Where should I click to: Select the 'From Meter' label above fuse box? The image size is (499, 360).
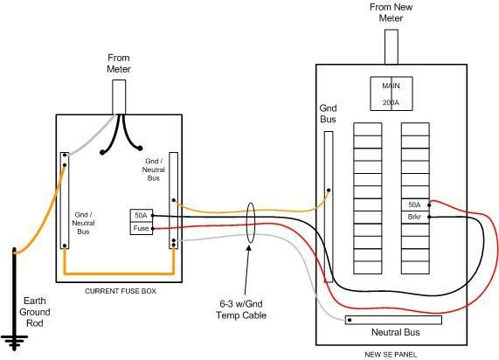pyautogui.click(x=119, y=63)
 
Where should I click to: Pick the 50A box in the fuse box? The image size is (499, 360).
pyautogui.click(x=141, y=215)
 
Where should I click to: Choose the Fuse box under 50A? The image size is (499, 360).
pyautogui.click(x=141, y=228)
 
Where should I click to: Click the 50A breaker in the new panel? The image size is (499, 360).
pyautogui.click(x=413, y=204)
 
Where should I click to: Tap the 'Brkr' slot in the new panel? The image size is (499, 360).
pyautogui.click(x=413, y=216)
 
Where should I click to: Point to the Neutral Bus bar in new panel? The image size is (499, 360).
pyautogui.click(x=393, y=321)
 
